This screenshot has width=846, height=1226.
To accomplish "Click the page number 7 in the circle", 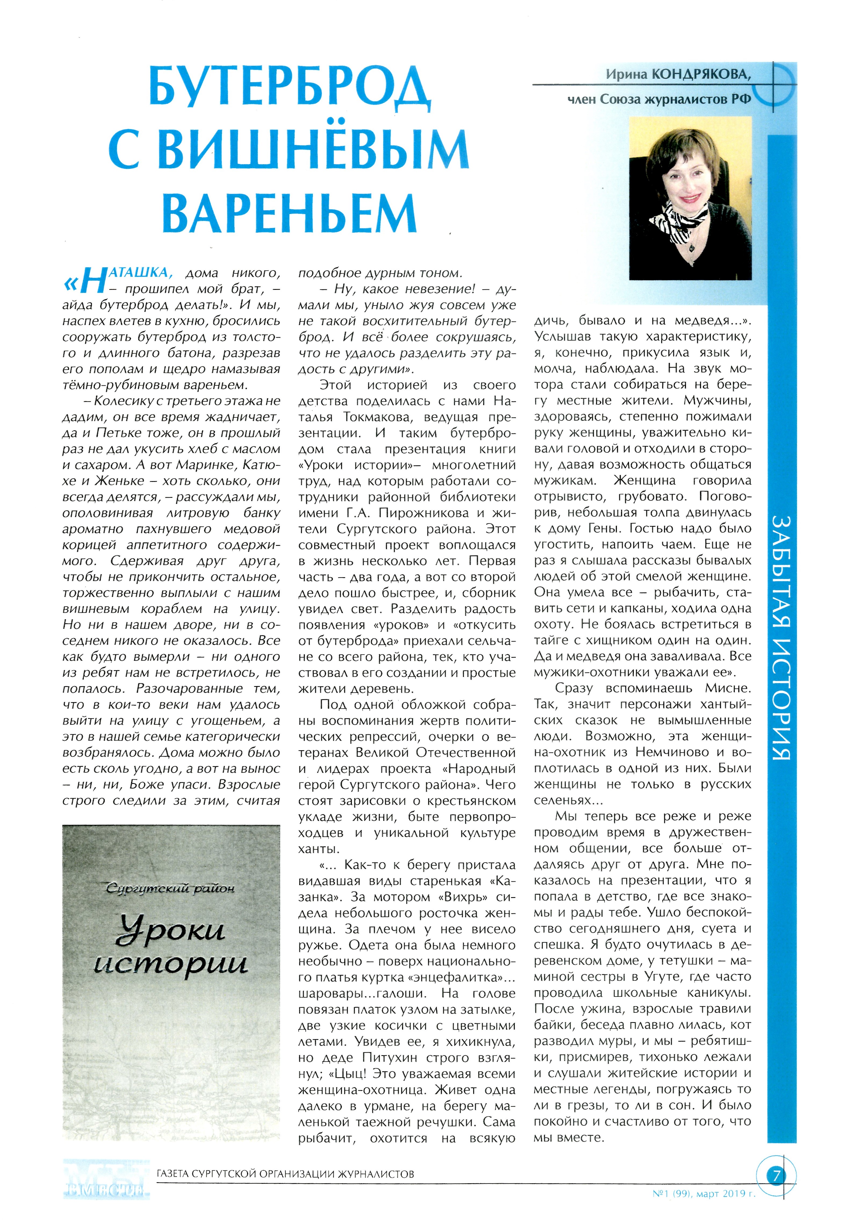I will tap(776, 1176).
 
